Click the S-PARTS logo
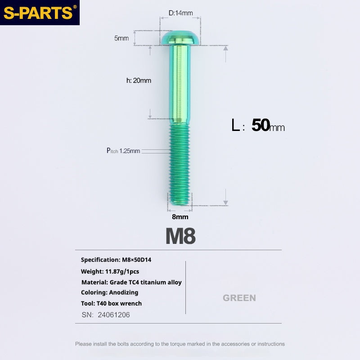point(40,13)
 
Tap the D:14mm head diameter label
point(181,13)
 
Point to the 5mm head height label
point(121,38)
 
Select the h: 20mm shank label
point(139,81)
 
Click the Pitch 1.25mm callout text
point(123,151)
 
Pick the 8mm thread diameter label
point(180,217)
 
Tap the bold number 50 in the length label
point(261,125)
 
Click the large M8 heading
point(180,236)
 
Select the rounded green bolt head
point(180,38)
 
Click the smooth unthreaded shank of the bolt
point(180,84)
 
